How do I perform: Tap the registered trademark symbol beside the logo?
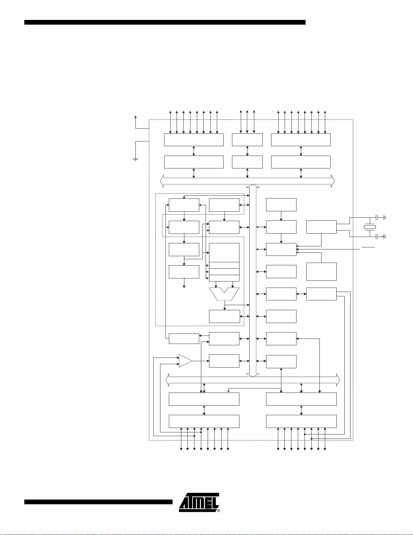[x=218, y=511]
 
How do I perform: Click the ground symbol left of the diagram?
[x=135, y=159]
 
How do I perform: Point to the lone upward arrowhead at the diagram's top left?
[x=135, y=117]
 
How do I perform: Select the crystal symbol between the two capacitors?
[x=370, y=227]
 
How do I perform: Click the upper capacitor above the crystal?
[x=381, y=217]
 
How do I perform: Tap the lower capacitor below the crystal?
[x=381, y=237]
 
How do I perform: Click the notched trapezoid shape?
[x=224, y=294]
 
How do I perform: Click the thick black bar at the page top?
[x=165, y=22]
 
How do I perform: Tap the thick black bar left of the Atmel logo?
[x=98, y=502]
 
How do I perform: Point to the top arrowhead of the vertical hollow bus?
[x=253, y=186]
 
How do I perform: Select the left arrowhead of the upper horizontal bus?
[x=162, y=181]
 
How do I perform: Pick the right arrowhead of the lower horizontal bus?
[x=338, y=380]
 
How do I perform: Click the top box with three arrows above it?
[x=247, y=140]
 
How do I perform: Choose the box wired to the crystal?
[x=321, y=227]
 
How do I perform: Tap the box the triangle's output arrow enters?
[x=224, y=361]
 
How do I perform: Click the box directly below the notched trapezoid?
[x=224, y=316]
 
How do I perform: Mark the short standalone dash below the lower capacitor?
[x=368, y=247]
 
